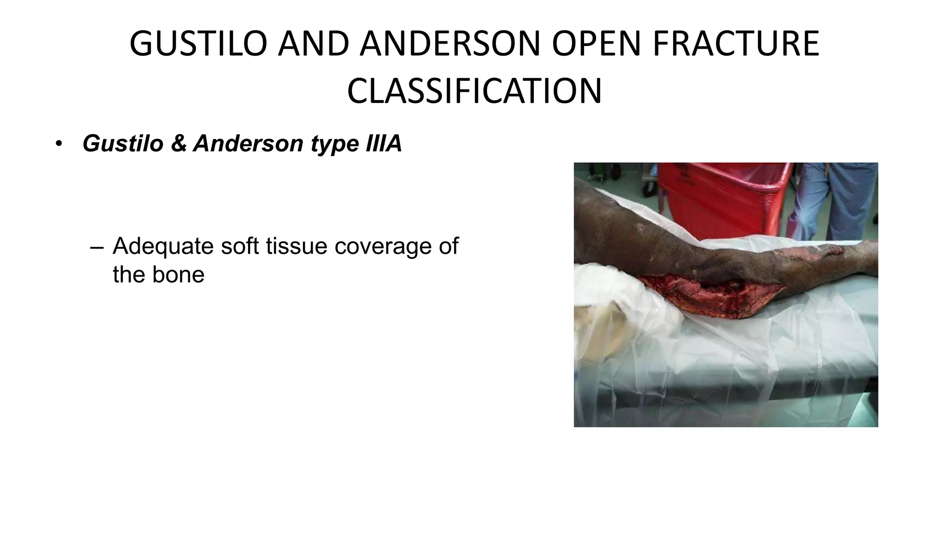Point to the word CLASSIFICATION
[x=474, y=91]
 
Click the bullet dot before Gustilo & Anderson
[x=58, y=144]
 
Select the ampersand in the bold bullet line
[x=179, y=144]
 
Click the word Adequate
[x=163, y=247]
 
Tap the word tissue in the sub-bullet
[x=297, y=246]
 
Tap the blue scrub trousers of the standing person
[x=835, y=199]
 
